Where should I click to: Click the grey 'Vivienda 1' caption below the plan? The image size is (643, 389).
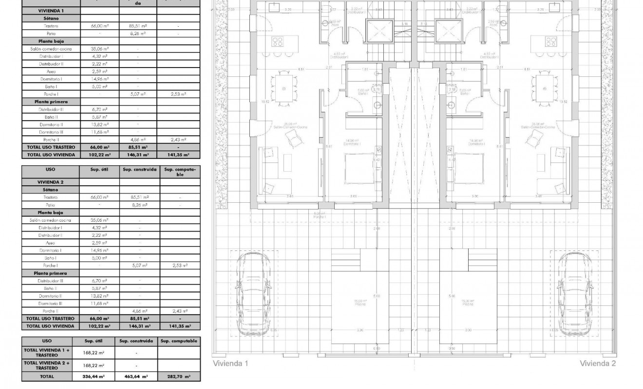click(x=230, y=363)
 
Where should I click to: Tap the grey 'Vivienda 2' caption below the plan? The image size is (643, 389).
click(x=598, y=363)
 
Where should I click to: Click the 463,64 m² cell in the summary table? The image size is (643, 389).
click(x=136, y=376)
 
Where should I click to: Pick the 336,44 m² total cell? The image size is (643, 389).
click(x=94, y=376)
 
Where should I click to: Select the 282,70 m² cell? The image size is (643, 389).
click(x=179, y=376)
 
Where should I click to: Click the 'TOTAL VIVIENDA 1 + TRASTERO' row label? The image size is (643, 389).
click(x=47, y=353)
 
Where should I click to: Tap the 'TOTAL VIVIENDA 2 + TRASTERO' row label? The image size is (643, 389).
click(x=47, y=365)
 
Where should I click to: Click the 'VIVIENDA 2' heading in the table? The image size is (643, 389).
click(x=51, y=182)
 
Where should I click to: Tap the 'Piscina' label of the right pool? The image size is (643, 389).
click(x=468, y=304)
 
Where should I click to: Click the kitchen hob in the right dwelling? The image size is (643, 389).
click(x=551, y=41)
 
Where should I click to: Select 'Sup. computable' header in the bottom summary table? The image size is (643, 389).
click(x=179, y=341)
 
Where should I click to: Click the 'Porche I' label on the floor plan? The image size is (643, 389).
click(x=320, y=216)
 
